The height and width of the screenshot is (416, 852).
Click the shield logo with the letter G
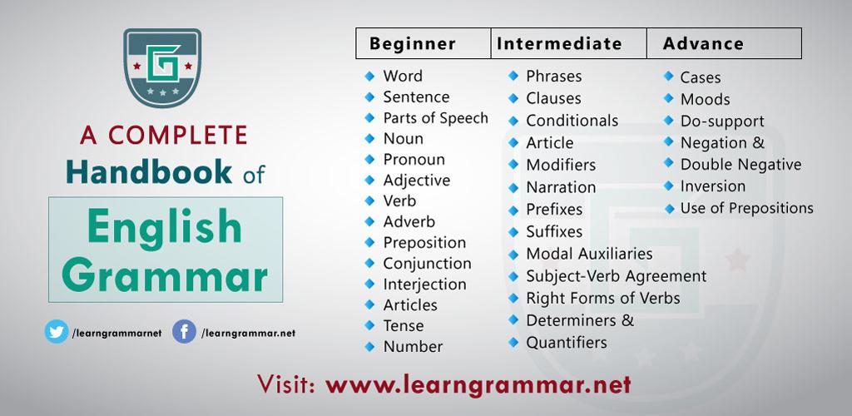click(x=162, y=68)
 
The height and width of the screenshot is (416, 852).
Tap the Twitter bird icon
click(x=57, y=331)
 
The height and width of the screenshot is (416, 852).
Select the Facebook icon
click(x=184, y=331)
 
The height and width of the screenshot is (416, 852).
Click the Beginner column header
click(x=413, y=44)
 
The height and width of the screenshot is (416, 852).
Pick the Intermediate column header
click(x=559, y=44)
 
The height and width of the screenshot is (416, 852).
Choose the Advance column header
click(x=703, y=44)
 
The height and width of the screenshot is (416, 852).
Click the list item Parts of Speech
click(x=436, y=118)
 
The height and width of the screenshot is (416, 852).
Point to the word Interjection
click(x=424, y=285)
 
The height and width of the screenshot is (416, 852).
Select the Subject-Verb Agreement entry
click(x=617, y=276)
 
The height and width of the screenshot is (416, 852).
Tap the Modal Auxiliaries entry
click(x=589, y=254)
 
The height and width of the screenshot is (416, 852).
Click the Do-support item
click(x=722, y=121)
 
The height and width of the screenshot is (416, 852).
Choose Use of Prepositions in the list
click(x=746, y=208)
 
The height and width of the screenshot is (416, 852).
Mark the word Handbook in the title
click(x=149, y=171)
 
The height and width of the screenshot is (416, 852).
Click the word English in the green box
click(x=164, y=227)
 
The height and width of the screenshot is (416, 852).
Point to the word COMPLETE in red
click(x=178, y=136)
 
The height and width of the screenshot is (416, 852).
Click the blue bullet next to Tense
click(x=369, y=325)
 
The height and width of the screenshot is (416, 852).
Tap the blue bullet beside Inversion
click(x=669, y=186)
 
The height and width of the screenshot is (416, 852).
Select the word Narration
click(x=561, y=187)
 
